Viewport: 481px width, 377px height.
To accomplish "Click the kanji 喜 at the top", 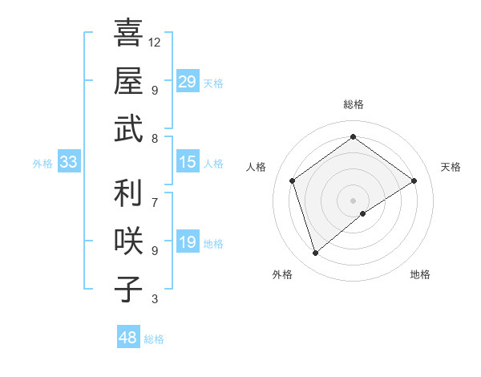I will click(x=127, y=33).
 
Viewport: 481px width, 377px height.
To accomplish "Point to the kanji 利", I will click(x=127, y=193).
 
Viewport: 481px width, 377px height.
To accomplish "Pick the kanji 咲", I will click(x=127, y=241).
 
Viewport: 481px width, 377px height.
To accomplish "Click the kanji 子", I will click(x=127, y=289).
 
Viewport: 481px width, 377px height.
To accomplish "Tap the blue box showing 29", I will click(x=187, y=81).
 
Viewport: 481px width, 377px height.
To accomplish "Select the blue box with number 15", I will click(x=187, y=162).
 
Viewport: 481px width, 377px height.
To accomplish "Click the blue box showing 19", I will click(x=187, y=242).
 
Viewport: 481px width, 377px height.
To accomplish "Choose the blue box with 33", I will click(x=68, y=162).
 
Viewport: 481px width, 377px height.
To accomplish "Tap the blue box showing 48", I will click(x=127, y=338).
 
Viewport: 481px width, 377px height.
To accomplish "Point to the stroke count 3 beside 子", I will click(x=154, y=299).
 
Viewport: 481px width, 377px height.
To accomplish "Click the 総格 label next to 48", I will click(x=154, y=339).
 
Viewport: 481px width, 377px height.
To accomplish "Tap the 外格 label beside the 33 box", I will click(x=42, y=164).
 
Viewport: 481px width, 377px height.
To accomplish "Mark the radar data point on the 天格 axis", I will click(x=414, y=180).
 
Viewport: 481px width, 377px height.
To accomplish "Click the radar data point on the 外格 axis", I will click(x=315, y=253).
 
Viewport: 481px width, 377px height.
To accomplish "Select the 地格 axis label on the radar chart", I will click(x=420, y=275).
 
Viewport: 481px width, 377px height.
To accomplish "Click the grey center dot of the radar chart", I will click(x=353, y=200).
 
